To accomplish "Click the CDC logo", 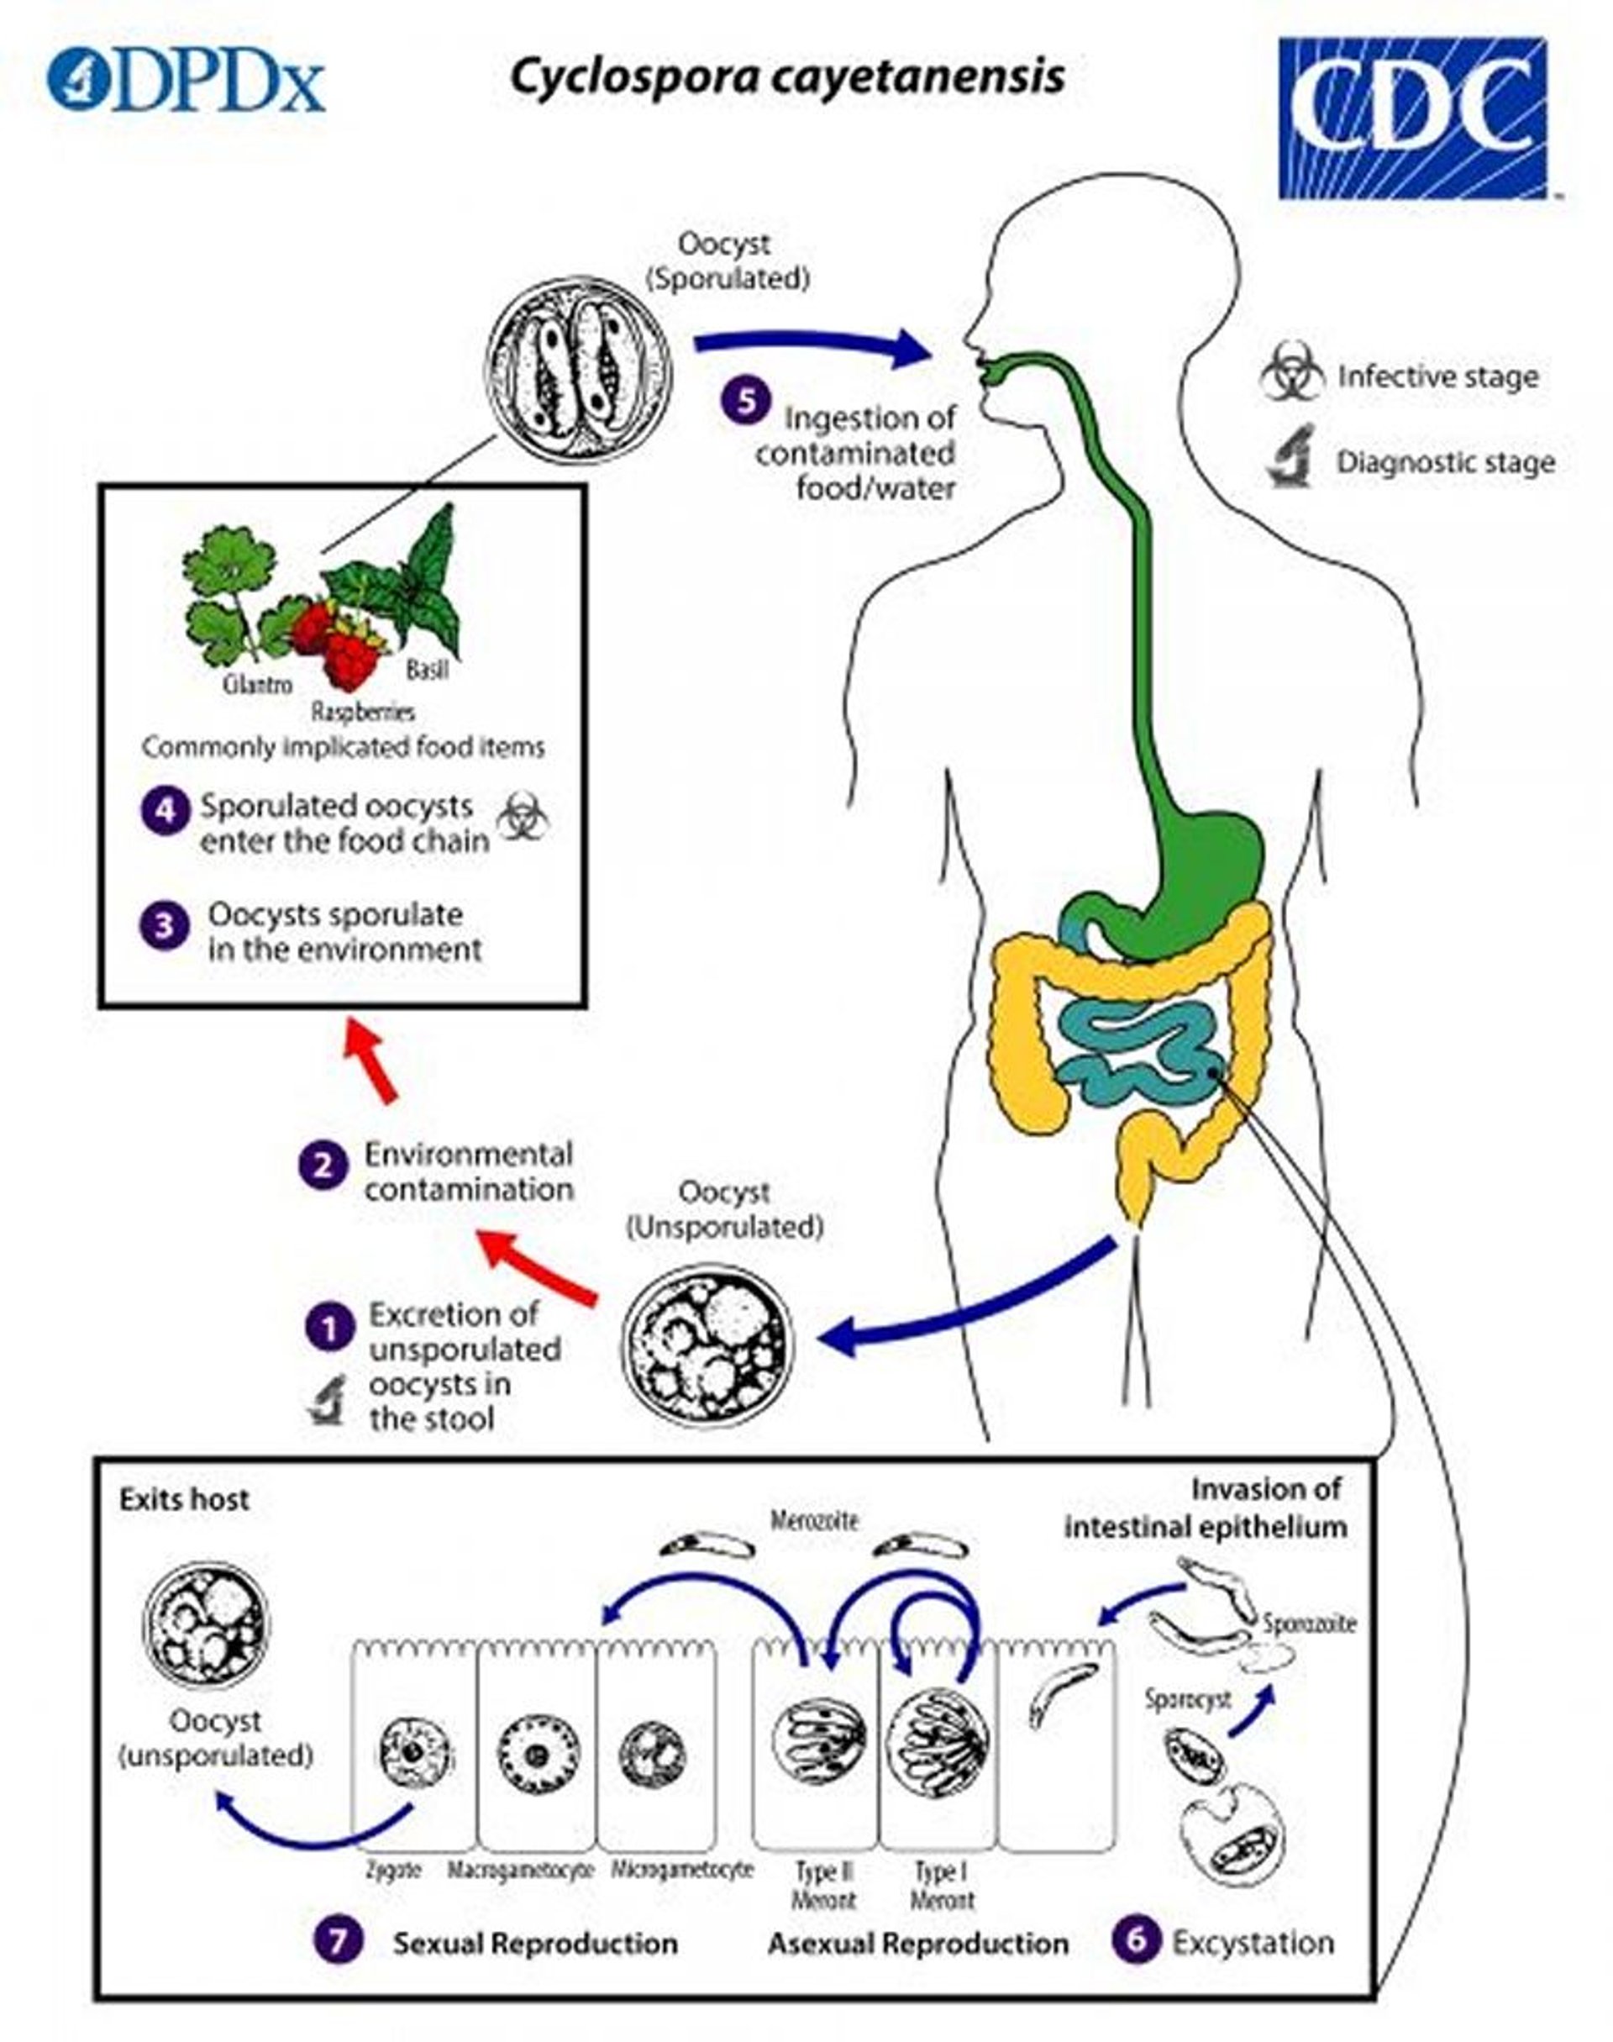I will point(1413,117).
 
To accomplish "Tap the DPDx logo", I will point(186,81).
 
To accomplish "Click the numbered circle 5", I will point(746,402).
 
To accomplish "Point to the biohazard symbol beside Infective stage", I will point(1292,371).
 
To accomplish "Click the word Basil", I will point(427,670).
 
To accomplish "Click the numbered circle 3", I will point(165,924).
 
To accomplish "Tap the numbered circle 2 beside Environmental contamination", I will point(323,1166).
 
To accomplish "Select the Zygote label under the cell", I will point(393,1870).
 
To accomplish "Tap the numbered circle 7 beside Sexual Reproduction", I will point(338,1942).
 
